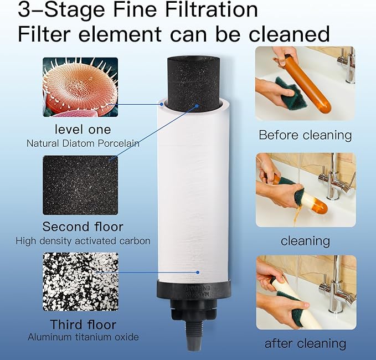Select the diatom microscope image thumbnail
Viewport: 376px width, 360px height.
pos(80,87)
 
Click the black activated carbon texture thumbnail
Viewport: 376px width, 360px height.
pos(80,185)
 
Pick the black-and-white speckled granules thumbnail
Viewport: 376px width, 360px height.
pos(80,282)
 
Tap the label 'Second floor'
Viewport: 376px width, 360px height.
pos(83,227)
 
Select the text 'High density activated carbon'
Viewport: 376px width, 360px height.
pos(83,241)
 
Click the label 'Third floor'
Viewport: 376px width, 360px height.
pos(83,325)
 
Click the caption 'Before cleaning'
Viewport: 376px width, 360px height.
pos(305,135)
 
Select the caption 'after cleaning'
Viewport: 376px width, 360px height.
pos(305,343)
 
